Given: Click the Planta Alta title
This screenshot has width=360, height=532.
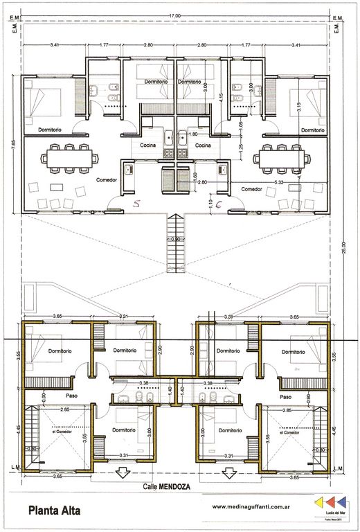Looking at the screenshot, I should point(54,511).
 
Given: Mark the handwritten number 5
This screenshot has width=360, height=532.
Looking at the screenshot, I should point(136,204).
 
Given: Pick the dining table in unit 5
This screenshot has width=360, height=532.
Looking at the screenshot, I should point(67,158).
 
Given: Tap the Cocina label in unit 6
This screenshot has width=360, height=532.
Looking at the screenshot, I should point(203,146).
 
